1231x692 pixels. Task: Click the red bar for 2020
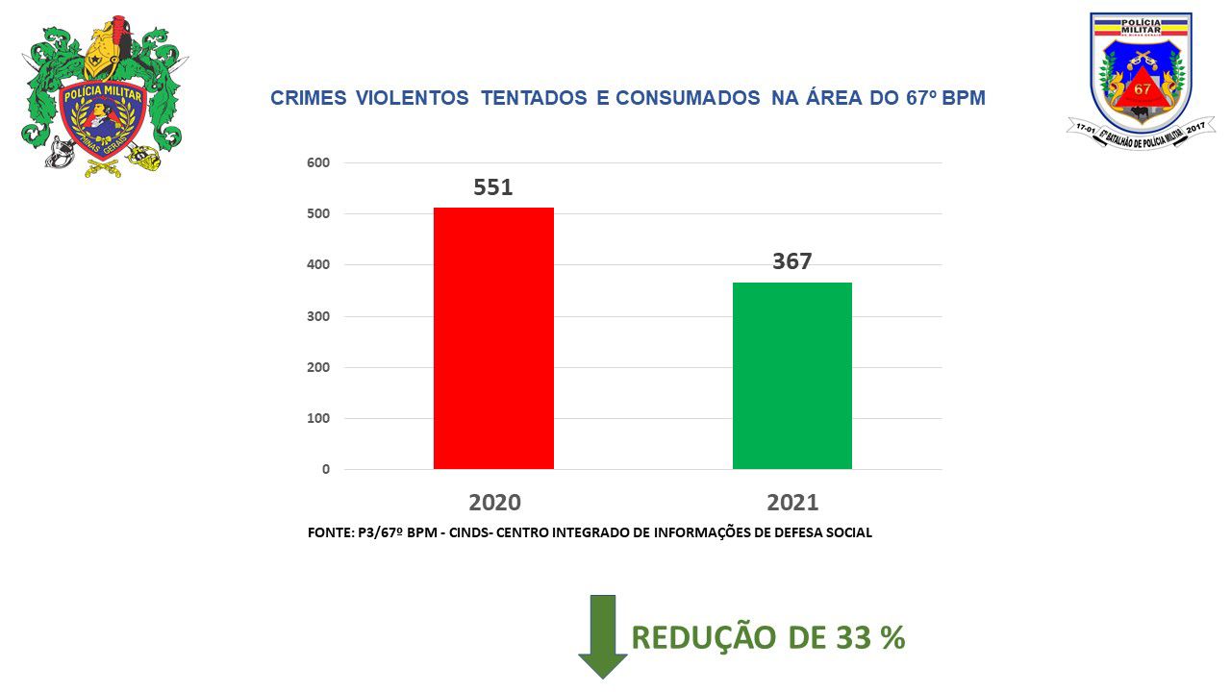pyautogui.click(x=493, y=338)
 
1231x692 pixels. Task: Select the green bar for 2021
pyautogui.click(x=791, y=376)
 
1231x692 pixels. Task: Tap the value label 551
pyautogui.click(x=493, y=187)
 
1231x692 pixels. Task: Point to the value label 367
pyautogui.click(x=792, y=261)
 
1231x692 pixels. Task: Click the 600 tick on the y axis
pyautogui.click(x=318, y=162)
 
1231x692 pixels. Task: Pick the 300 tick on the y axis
pyautogui.click(x=318, y=316)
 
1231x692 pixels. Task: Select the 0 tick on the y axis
pyautogui.click(x=326, y=469)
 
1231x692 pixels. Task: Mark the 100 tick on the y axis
pyautogui.click(x=318, y=418)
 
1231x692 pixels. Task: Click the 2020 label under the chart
pyautogui.click(x=494, y=502)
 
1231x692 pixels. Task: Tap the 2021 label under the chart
pyautogui.click(x=792, y=502)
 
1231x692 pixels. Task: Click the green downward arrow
pyautogui.click(x=602, y=635)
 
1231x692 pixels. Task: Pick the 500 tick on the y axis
pyautogui.click(x=318, y=213)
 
